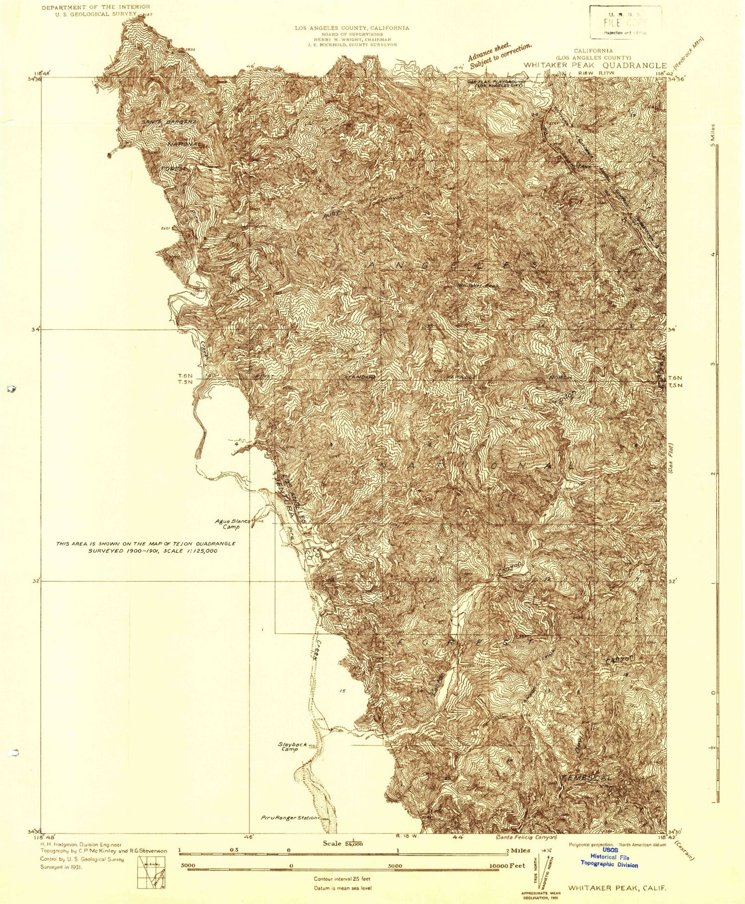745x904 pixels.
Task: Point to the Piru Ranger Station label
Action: coord(289,817)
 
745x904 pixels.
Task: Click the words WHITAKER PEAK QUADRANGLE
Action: coord(595,66)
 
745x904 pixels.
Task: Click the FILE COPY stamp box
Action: coord(625,22)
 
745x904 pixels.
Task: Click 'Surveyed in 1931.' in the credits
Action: coord(62,867)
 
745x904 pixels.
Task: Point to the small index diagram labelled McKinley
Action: coord(151,871)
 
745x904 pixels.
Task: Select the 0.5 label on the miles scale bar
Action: coord(233,850)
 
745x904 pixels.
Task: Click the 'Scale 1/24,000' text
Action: coord(343,843)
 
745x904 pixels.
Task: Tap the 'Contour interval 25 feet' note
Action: coord(342,879)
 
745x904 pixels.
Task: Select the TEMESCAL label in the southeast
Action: coord(586,777)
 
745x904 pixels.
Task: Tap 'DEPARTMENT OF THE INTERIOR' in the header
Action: coord(95,7)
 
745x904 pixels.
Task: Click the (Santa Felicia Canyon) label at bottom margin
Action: coord(526,837)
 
